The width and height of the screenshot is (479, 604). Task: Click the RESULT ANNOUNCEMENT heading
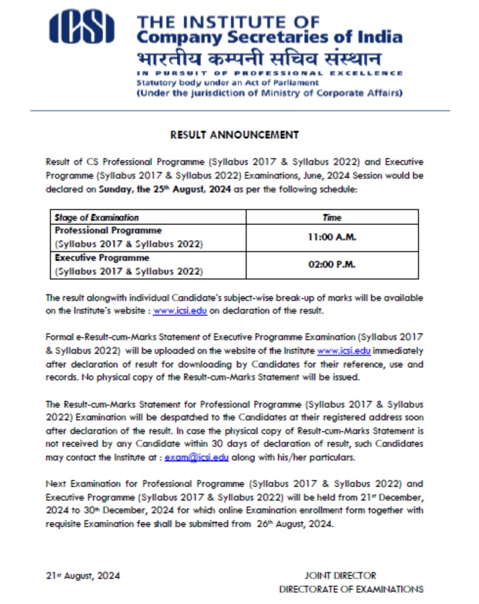[234, 135]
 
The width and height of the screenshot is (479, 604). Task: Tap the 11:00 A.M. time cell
[332, 237]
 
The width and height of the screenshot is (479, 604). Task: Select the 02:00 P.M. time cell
[332, 265]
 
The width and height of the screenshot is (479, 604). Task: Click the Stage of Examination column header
[97, 217]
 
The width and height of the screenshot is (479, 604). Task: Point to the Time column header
[332, 217]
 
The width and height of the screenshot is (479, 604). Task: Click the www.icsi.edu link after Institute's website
[179, 310]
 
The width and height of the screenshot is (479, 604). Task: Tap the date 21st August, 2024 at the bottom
[83, 575]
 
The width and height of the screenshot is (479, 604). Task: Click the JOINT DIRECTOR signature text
[341, 575]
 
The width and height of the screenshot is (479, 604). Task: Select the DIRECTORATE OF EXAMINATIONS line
[351, 589]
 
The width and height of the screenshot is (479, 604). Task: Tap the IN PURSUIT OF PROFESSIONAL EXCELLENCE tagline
[269, 73]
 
